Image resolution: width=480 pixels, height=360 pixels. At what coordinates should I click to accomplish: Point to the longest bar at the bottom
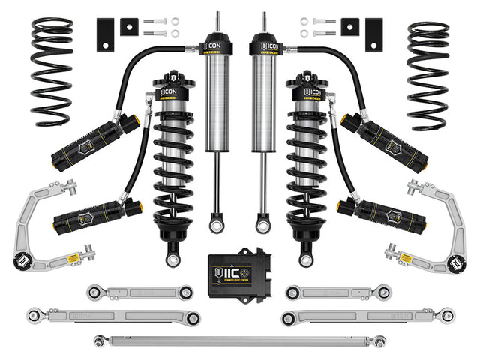(240, 341)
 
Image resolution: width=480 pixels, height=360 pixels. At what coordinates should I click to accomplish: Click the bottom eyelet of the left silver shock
(218, 223)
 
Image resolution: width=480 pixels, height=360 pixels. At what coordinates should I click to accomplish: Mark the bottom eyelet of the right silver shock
(262, 223)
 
